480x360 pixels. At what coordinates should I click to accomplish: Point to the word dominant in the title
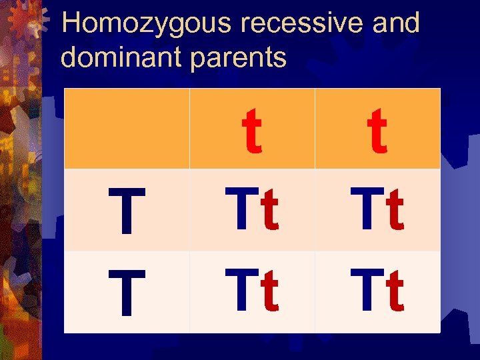click(121, 57)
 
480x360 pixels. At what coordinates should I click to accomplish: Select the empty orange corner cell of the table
click(127, 129)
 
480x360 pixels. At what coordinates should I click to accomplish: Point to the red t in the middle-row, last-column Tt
click(395, 211)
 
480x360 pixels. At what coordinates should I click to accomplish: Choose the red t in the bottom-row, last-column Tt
click(395, 293)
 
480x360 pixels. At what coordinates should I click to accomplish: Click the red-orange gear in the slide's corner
click(20, 20)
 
